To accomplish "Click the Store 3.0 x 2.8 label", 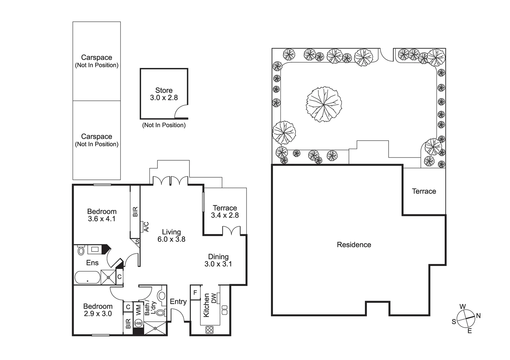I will coord(164,94).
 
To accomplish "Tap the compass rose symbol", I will coord(466,319).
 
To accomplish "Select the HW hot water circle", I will coord(138,323).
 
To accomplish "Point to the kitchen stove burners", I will coord(209,330).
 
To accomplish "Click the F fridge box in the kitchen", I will coord(195,293).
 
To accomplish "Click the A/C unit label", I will coord(146,227).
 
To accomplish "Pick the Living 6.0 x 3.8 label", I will coord(171,236).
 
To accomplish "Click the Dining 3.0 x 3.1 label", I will coord(218,260).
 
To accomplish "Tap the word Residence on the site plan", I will coord(354,245).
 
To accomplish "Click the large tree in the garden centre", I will coord(324,104).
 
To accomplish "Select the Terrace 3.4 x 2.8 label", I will coord(225,212).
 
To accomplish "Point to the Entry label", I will coord(178,302).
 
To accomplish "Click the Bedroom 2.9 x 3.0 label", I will coord(98,310).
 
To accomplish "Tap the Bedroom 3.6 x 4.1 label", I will coord(102,215).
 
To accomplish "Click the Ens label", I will coord(92,263).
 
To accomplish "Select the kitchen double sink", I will coord(224,310).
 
